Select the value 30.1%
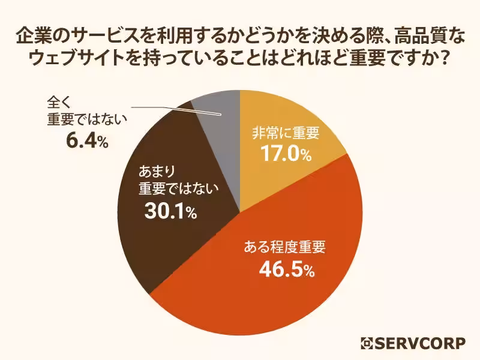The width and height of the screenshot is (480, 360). (170, 211)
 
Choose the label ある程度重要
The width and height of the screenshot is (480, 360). (286, 247)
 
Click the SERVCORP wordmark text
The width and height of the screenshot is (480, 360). (420, 343)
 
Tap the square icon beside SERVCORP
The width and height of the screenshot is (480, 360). (367, 343)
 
